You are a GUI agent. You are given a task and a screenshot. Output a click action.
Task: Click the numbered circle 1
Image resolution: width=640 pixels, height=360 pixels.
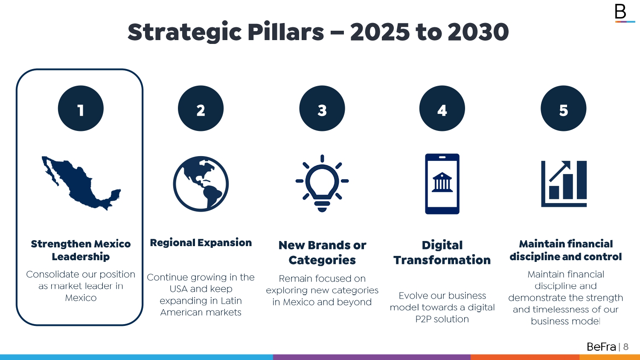click(81, 108)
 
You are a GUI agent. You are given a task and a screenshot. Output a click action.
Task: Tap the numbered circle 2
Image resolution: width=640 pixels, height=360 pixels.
click(201, 108)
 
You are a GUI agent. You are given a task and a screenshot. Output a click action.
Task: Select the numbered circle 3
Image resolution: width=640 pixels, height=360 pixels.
click(322, 108)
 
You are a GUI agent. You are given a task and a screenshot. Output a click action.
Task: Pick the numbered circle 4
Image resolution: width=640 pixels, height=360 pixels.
click(442, 108)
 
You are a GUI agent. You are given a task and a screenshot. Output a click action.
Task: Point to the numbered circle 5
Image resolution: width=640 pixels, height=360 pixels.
click(564, 108)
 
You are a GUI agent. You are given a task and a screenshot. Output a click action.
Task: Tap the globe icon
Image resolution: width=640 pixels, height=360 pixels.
click(201, 184)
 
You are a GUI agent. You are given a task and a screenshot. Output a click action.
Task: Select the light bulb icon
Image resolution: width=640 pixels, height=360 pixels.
click(322, 183)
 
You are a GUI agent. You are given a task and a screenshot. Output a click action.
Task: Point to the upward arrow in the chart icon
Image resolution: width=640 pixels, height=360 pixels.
click(560, 171)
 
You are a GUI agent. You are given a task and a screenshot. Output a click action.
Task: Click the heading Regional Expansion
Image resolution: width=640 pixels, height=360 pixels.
click(201, 243)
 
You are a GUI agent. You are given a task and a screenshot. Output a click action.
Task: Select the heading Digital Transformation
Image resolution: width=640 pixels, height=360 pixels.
click(442, 253)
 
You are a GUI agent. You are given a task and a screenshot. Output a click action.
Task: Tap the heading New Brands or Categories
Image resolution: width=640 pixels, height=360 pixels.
click(322, 253)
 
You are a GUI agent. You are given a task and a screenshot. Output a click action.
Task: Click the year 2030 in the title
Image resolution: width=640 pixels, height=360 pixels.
click(478, 32)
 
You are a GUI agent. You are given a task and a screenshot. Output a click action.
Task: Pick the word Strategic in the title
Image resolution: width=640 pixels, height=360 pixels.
click(185, 32)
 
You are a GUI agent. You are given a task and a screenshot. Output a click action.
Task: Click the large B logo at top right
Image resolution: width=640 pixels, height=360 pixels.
click(620, 12)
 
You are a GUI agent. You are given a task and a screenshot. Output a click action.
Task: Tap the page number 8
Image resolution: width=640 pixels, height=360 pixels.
click(626, 347)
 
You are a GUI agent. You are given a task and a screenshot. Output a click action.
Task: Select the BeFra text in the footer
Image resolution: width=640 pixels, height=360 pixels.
click(601, 347)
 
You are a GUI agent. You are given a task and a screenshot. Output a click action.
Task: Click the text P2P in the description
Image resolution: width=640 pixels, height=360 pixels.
click(423, 319)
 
